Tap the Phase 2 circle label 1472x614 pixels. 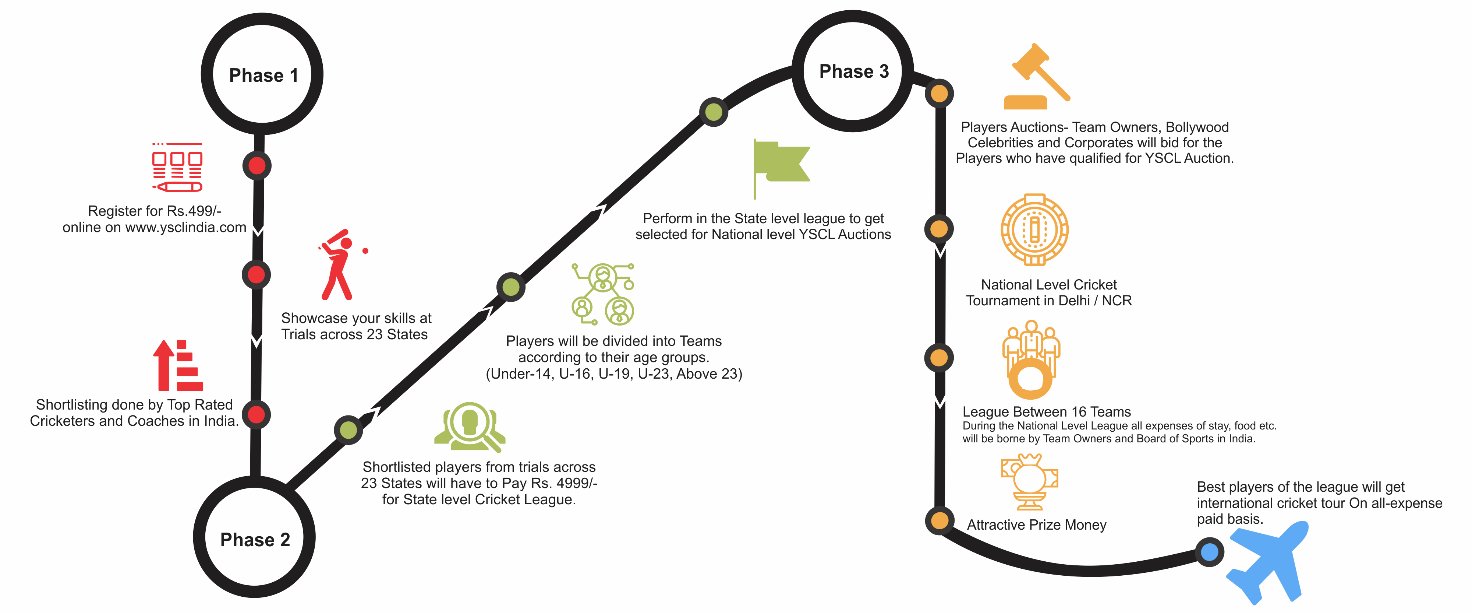point(255,540)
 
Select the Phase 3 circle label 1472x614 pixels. point(854,71)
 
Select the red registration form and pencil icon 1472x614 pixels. point(177,167)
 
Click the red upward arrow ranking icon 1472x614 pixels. point(178,366)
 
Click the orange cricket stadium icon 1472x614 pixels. point(1034,230)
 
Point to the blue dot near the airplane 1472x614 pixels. point(1209,552)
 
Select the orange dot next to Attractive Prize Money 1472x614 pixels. point(939,520)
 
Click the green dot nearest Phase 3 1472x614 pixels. point(714,112)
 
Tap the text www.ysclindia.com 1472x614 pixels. point(186,228)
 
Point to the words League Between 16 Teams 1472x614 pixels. point(1046,412)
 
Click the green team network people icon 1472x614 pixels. point(603,294)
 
